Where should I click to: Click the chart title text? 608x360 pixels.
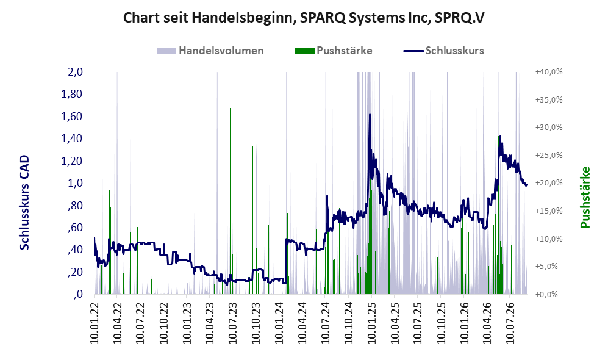pos(304,18)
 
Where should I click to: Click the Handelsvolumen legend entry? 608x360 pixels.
pos(210,51)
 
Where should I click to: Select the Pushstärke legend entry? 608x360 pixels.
pos(334,51)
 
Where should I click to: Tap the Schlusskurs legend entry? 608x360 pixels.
pos(443,51)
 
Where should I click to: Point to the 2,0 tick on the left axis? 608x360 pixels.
pos(75,72)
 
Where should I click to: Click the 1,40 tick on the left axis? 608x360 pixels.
pos(72,139)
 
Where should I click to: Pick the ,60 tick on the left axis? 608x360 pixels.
pos(75,228)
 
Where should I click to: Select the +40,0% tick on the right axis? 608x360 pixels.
pos(549,72)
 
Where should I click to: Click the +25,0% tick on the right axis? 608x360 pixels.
pos(549,155)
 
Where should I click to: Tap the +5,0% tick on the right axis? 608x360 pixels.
pos(547,266)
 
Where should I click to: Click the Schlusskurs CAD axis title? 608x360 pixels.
pos(24,202)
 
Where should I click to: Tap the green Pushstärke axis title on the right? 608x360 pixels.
pos(585,197)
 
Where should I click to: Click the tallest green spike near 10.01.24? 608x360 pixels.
pos(287,184)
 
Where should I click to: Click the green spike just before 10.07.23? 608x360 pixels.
pos(230,201)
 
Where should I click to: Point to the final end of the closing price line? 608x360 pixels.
pos(526,185)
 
